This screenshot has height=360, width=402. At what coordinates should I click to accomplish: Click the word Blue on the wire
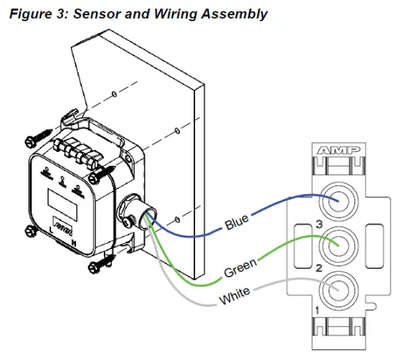tap(237, 222)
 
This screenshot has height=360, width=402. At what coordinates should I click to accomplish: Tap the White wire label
tap(235, 296)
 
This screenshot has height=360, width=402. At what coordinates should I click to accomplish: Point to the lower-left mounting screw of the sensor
tap(31, 231)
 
